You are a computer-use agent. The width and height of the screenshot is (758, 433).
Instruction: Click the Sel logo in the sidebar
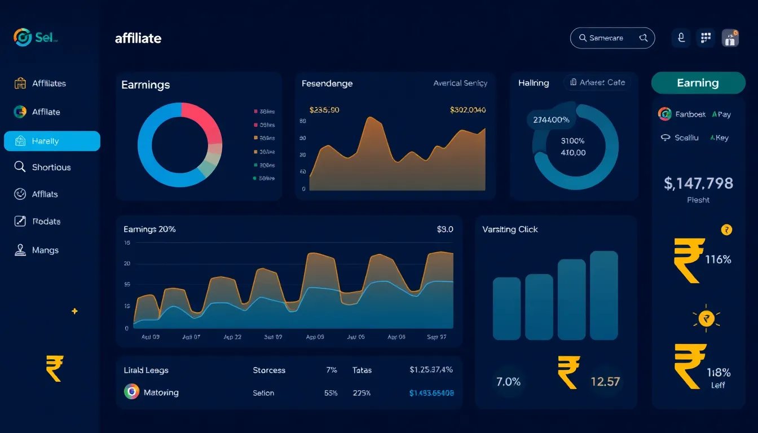pyautogui.click(x=35, y=38)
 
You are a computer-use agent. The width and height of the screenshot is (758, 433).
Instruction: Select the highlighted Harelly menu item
pyautogui.click(x=51, y=141)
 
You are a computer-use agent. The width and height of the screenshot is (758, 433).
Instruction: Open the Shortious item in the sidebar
pyautogui.click(x=51, y=167)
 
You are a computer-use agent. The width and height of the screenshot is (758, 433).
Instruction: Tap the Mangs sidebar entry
pyautogui.click(x=45, y=250)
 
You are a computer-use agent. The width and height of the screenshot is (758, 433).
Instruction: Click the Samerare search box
pyautogui.click(x=612, y=38)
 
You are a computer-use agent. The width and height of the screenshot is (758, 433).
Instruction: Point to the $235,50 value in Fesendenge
pyautogui.click(x=324, y=110)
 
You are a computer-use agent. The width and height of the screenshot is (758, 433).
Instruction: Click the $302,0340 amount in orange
pyautogui.click(x=468, y=110)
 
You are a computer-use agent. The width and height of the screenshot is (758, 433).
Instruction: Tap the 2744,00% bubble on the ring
pyautogui.click(x=551, y=120)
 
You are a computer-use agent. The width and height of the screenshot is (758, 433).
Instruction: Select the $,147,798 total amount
pyautogui.click(x=698, y=183)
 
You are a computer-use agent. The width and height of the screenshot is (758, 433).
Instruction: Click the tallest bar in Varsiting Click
pyautogui.click(x=603, y=295)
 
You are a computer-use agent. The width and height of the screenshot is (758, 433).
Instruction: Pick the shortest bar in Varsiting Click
pyautogui.click(x=506, y=308)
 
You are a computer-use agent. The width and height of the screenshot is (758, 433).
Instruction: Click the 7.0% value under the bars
pyautogui.click(x=508, y=382)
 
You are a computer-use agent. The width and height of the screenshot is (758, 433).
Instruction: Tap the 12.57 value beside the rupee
pyautogui.click(x=605, y=382)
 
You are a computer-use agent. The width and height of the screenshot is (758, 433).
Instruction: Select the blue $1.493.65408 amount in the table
pyautogui.click(x=431, y=393)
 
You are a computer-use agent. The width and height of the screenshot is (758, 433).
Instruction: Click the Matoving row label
pyautogui.click(x=161, y=392)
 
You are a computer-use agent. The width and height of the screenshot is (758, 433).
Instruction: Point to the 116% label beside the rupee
pyautogui.click(x=718, y=259)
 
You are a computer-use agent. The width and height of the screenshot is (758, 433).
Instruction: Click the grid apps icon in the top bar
pyautogui.click(x=705, y=38)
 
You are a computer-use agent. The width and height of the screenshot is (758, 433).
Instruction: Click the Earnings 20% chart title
pyautogui.click(x=149, y=229)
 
